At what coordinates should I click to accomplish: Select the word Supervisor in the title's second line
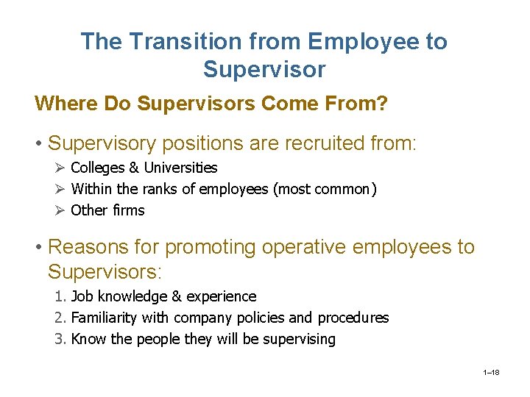[264, 70]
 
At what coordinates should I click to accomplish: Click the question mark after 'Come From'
[382, 104]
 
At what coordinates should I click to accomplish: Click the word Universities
[180, 168]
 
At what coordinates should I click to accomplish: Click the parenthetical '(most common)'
[325, 190]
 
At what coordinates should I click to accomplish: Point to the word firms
[127, 210]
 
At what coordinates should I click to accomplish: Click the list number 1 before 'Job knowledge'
[60, 297]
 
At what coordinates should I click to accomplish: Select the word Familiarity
[106, 318]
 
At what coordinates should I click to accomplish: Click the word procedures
[353, 318]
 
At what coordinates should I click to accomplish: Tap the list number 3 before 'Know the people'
[60, 340]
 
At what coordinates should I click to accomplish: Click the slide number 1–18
[492, 373]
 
